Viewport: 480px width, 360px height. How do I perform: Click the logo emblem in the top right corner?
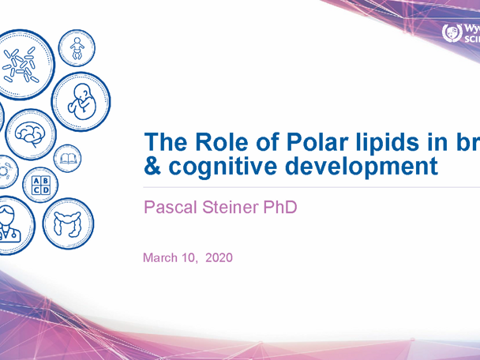click(453, 33)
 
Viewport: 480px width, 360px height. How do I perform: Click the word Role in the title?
click(226, 144)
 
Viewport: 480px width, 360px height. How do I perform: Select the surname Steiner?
click(232, 209)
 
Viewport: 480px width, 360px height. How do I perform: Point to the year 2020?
click(219, 258)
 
